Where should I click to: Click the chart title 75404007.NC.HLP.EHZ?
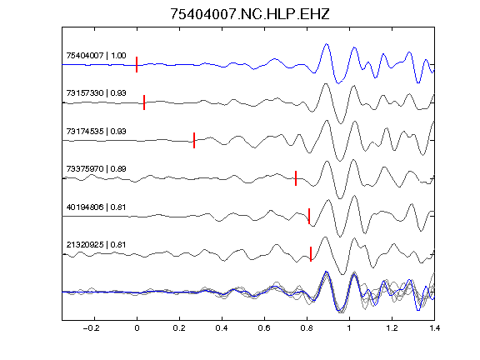coord(249,14)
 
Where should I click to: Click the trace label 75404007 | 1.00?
coord(96,55)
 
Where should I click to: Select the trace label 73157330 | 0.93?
coord(96,92)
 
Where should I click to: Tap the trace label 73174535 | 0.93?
coord(96,131)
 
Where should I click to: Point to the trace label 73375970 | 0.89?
coord(96,168)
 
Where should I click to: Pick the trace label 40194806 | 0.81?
coord(96,207)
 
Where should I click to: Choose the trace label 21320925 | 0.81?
coord(96,245)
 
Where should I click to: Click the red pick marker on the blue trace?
coord(137,65)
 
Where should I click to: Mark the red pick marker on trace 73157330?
coord(144,102)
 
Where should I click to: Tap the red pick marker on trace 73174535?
coord(194,140)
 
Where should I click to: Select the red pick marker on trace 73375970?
coord(296,178)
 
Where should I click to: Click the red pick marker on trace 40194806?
coord(309,216)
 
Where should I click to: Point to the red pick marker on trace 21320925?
coord(311,254)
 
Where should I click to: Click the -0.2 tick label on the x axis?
coord(91,328)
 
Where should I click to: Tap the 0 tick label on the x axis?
coord(137,328)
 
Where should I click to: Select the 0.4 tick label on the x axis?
coord(222,328)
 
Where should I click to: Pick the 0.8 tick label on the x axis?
coord(307,328)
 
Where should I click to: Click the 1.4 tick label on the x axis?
coord(434,328)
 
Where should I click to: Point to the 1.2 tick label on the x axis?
coord(392,328)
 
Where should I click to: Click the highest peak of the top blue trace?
coord(327,44)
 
